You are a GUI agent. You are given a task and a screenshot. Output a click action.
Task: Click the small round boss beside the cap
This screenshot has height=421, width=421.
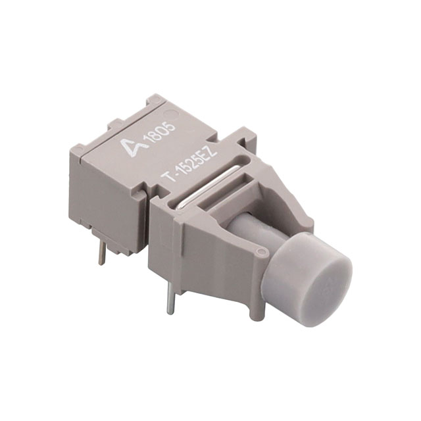262,251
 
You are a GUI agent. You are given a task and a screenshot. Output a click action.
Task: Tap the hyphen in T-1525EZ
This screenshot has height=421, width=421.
174,170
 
